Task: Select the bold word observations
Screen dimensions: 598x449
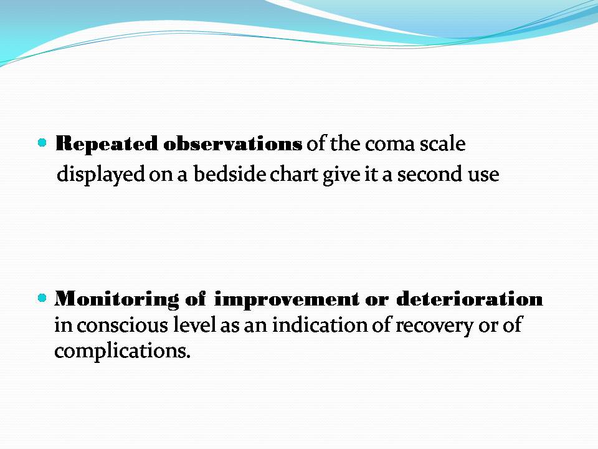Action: [x=232, y=143]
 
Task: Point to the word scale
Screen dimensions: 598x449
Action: [x=442, y=143]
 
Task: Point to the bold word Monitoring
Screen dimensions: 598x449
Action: [x=116, y=299]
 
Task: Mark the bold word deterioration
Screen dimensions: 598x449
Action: [x=470, y=298]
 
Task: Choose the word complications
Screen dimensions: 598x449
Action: [x=122, y=350]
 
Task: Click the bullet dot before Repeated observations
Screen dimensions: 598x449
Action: [x=42, y=143]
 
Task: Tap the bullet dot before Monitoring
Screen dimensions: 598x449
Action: [x=42, y=297]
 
